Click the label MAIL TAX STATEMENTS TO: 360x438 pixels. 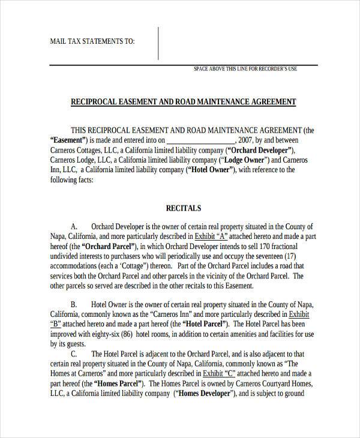point(92,41)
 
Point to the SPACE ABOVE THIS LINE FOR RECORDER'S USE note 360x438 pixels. point(245,69)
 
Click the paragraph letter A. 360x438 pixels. point(74,227)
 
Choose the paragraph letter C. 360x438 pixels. point(74,354)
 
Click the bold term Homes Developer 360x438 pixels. point(204,394)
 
